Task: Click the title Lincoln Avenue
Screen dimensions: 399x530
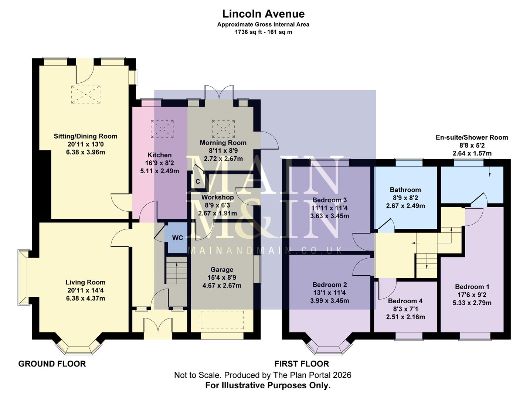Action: [263, 14]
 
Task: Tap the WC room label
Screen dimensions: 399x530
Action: [177, 238]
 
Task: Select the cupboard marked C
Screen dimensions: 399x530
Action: [198, 181]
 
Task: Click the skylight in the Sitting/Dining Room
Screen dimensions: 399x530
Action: [85, 94]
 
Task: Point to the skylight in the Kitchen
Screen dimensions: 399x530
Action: [162, 129]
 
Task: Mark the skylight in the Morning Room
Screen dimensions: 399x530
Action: [223, 128]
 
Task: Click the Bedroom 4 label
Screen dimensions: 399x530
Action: [405, 301]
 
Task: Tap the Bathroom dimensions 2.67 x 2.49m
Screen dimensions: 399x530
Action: [405, 206]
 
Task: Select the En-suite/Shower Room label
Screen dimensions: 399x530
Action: [472, 137]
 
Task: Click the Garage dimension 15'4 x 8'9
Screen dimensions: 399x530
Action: [222, 277]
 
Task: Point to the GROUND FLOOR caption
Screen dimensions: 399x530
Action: [52, 364]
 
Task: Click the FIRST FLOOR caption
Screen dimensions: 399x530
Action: [301, 364]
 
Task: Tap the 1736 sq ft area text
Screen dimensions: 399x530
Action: [263, 32]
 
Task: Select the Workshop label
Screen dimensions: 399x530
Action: [217, 197]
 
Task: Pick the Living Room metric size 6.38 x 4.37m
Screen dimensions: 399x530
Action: [85, 298]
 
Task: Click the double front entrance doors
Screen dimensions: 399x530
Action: [158, 327]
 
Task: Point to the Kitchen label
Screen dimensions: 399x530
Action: [159, 155]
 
